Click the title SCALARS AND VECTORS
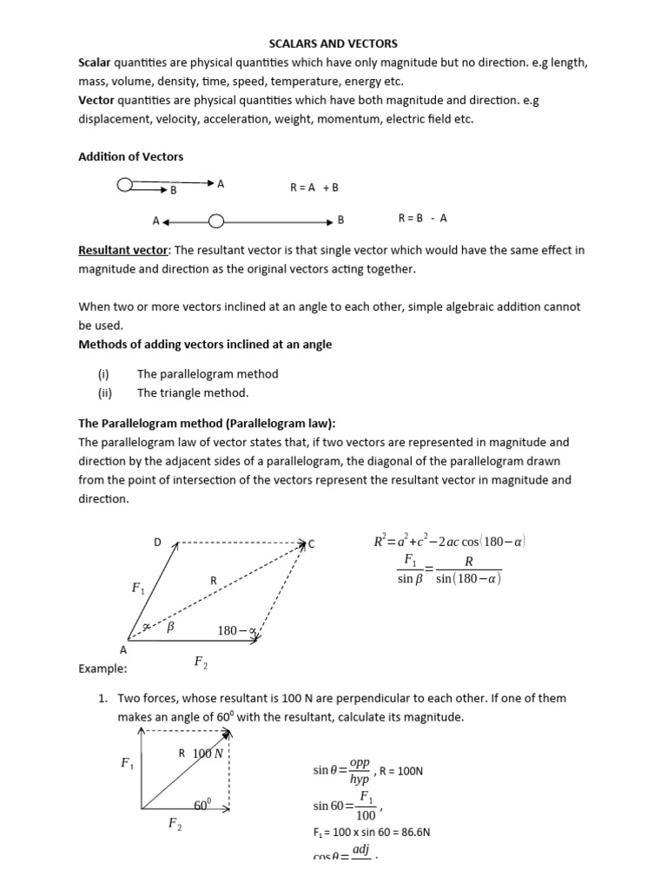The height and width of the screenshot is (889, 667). point(333,43)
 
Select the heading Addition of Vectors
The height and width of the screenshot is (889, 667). point(131,156)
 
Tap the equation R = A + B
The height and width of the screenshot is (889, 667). point(314,187)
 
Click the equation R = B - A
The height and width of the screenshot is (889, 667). point(422,219)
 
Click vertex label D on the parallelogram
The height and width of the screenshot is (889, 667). point(158,543)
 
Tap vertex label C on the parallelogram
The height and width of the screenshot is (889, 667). point(311,544)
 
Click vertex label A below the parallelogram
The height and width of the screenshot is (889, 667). point(122,649)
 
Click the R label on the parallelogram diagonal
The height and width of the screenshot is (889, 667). point(213,580)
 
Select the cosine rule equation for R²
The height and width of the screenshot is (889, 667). point(449,543)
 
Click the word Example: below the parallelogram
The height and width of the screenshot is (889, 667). point(102,669)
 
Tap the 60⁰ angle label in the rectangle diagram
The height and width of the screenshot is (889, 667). point(202,806)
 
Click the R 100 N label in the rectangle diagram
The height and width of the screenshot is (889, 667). point(201,754)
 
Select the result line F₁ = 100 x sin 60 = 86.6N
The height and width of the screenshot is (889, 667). point(372,832)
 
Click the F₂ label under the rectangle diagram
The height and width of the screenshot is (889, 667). point(175,825)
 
